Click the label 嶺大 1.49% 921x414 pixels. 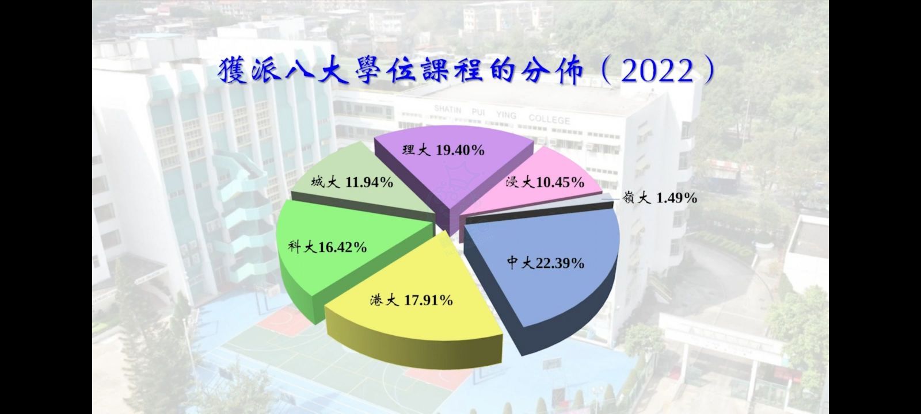click(x=660, y=198)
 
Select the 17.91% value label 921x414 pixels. click(x=428, y=301)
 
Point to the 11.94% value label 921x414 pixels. click(x=369, y=182)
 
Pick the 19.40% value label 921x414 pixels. click(x=460, y=150)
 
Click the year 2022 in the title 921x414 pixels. click(x=657, y=72)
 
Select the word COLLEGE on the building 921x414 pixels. click(x=549, y=120)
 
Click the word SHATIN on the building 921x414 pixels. click(x=448, y=110)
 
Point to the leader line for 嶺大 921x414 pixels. click(x=611, y=199)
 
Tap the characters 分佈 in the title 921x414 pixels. click(x=549, y=71)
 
